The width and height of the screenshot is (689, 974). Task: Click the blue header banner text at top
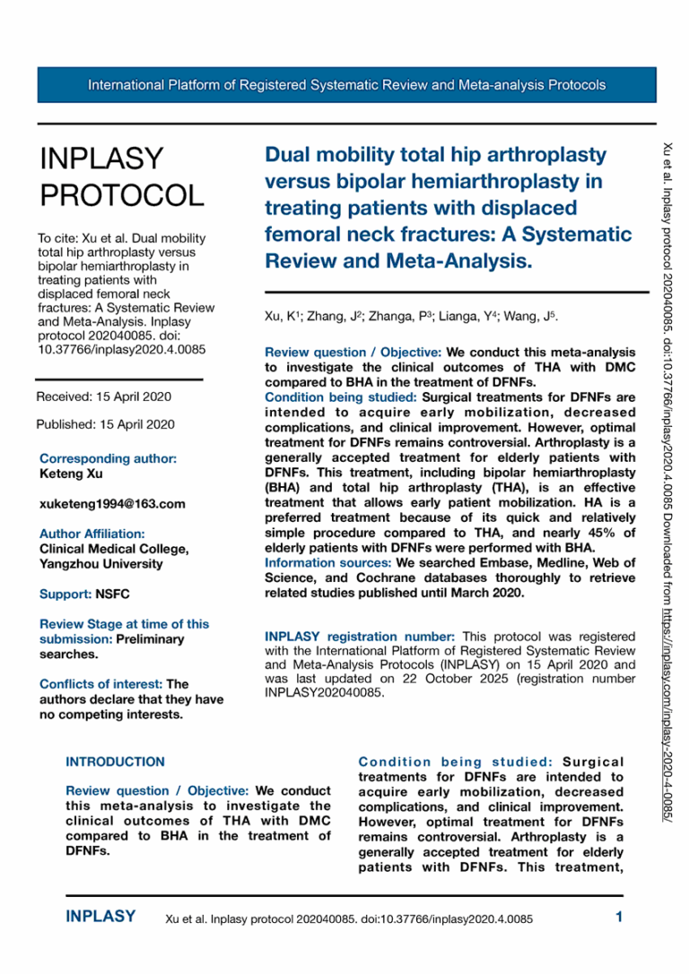pos(346,85)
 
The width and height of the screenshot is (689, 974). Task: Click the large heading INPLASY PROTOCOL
pos(122,176)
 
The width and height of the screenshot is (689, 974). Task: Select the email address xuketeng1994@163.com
pos(112,504)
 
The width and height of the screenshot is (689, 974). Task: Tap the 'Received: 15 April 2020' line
pos(103,396)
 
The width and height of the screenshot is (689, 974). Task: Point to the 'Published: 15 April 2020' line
pos(105,424)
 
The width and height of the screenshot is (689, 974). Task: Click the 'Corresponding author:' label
pos(108,458)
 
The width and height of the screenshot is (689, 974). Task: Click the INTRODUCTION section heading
pos(115,761)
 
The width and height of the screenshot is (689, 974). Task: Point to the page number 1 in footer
pos(619,917)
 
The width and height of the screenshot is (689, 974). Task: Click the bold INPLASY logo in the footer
pos(100,917)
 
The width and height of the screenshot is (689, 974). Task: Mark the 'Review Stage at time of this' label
pos(124,624)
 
